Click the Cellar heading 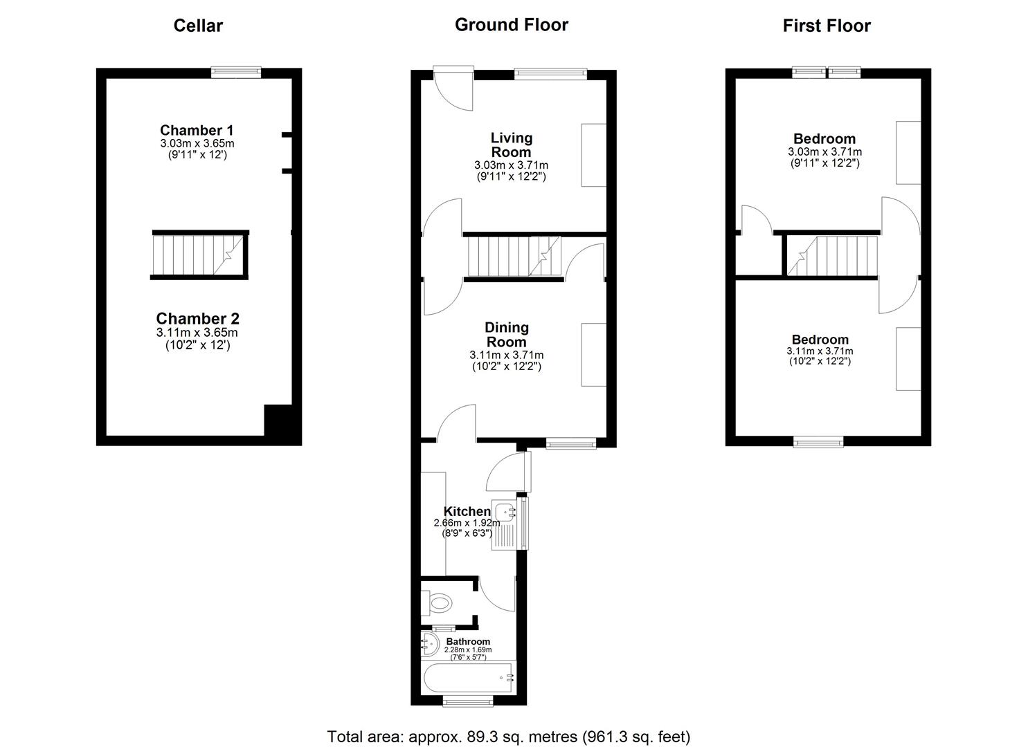click(198, 26)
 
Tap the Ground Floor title click(512, 25)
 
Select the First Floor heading click(826, 26)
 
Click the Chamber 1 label click(197, 130)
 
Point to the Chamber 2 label click(197, 318)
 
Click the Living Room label click(512, 145)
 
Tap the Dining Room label click(507, 334)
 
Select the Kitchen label click(467, 511)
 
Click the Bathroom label click(468, 641)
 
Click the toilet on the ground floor click(437, 602)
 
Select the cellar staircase click(199, 255)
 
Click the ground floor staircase click(514, 256)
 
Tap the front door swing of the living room click(453, 89)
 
